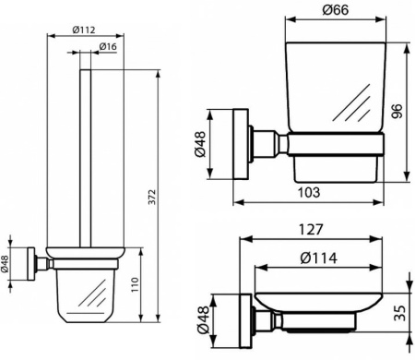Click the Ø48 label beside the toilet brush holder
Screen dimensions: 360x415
(6, 265)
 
